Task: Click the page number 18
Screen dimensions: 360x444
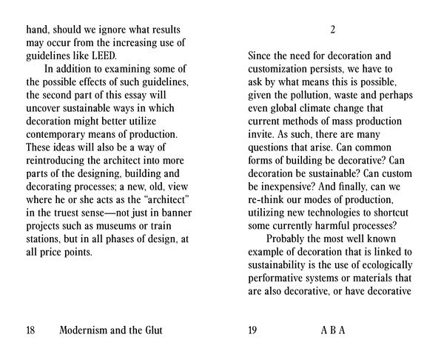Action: coord(32,330)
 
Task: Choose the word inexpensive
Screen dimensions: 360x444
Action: coord(287,190)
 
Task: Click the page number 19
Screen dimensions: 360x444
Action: coord(253,330)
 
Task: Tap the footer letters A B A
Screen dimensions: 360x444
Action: coord(332,330)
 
